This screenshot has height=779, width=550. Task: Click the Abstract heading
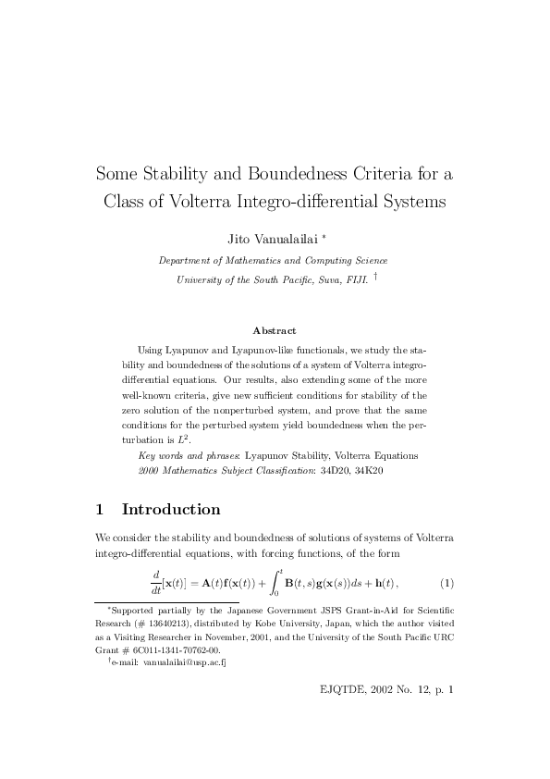(x=275, y=330)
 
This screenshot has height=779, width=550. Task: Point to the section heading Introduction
(x=171, y=510)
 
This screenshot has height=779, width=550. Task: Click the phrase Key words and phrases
(x=189, y=455)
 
